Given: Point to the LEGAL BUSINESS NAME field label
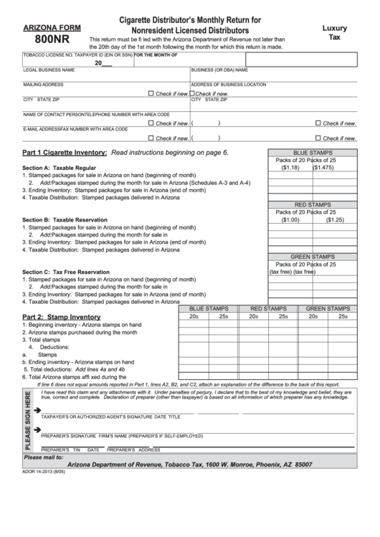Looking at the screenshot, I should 49,70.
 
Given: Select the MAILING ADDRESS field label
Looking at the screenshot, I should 44,85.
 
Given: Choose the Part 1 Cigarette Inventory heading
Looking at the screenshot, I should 65,153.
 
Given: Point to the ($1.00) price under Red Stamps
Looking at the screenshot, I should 290,219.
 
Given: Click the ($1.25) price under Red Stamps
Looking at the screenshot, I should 335,219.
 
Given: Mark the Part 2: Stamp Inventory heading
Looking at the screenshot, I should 61,317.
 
